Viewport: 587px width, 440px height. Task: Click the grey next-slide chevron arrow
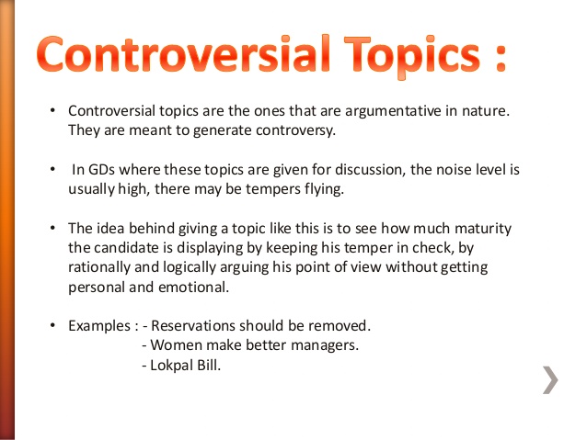tap(548, 379)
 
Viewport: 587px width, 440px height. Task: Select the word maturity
tap(483, 228)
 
